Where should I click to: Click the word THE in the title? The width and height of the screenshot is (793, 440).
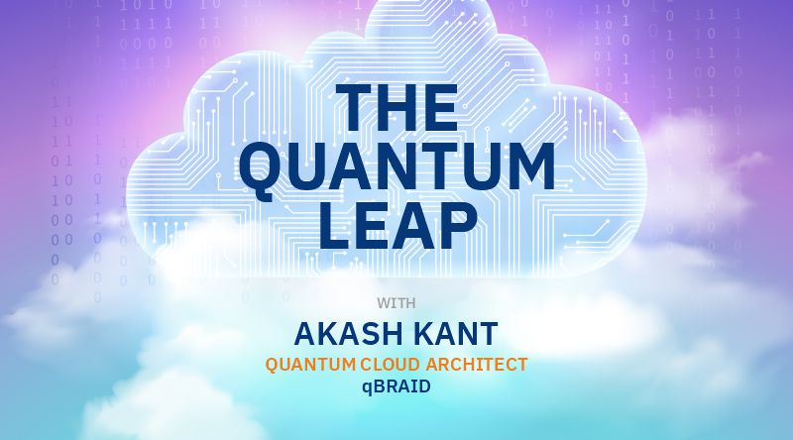point(396,107)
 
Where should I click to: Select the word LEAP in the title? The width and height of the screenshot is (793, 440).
point(398,226)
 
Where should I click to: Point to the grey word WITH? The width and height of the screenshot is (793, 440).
point(396,303)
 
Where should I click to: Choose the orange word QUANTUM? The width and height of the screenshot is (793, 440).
point(310,365)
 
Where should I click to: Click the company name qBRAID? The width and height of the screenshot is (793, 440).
point(396,386)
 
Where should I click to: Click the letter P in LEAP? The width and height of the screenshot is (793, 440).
point(458,226)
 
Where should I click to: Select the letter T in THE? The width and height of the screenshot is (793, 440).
point(354,107)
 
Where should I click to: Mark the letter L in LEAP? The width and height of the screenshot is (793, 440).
point(335,226)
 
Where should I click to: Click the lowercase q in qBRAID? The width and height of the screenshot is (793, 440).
point(367,388)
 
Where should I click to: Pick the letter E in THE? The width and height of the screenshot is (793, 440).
point(441,107)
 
